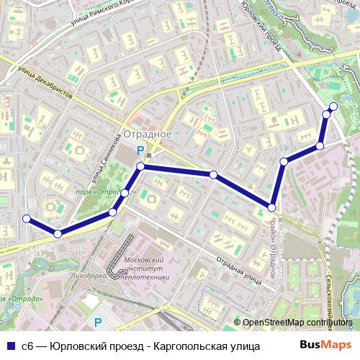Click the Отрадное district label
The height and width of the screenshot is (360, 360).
(147, 134)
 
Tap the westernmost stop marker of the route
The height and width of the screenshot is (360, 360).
(27, 219)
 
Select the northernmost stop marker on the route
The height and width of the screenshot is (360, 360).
(333, 107)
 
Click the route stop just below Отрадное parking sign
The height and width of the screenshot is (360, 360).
(141, 167)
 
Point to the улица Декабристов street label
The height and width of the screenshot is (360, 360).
(46, 83)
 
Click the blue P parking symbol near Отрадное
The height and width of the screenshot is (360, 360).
(141, 150)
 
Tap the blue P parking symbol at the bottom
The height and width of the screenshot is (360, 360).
(98, 322)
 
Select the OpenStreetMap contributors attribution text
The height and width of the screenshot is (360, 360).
(296, 323)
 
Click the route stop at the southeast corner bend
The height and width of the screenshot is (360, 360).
(272, 207)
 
